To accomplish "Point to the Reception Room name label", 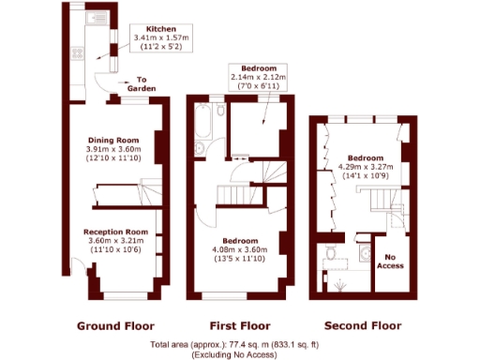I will [x=115, y=232].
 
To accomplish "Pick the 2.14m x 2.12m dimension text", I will [x=258, y=78].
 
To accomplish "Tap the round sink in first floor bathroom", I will [x=200, y=148].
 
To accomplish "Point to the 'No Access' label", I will [x=390, y=261].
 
